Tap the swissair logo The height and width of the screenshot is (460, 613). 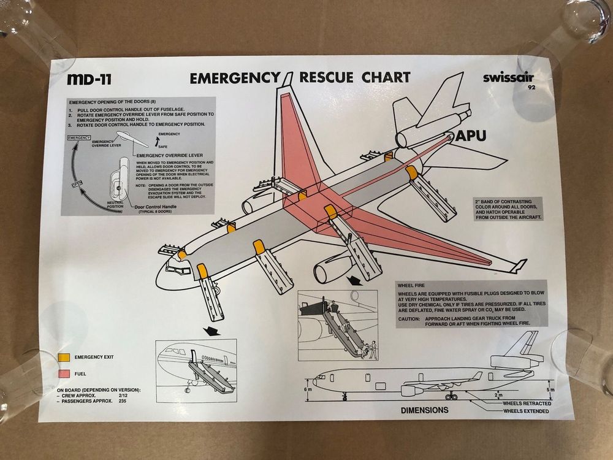pos(508,78)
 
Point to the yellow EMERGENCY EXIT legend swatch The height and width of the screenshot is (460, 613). pos(64,357)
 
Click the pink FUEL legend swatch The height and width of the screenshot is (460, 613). pos(64,373)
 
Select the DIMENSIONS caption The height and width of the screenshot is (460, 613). pos(425,410)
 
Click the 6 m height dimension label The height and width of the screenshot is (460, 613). pos(308,388)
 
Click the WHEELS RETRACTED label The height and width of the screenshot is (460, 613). pos(527,403)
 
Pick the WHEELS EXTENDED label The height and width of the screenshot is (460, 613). pos(525,411)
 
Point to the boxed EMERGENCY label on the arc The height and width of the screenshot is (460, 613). pos(80,138)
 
